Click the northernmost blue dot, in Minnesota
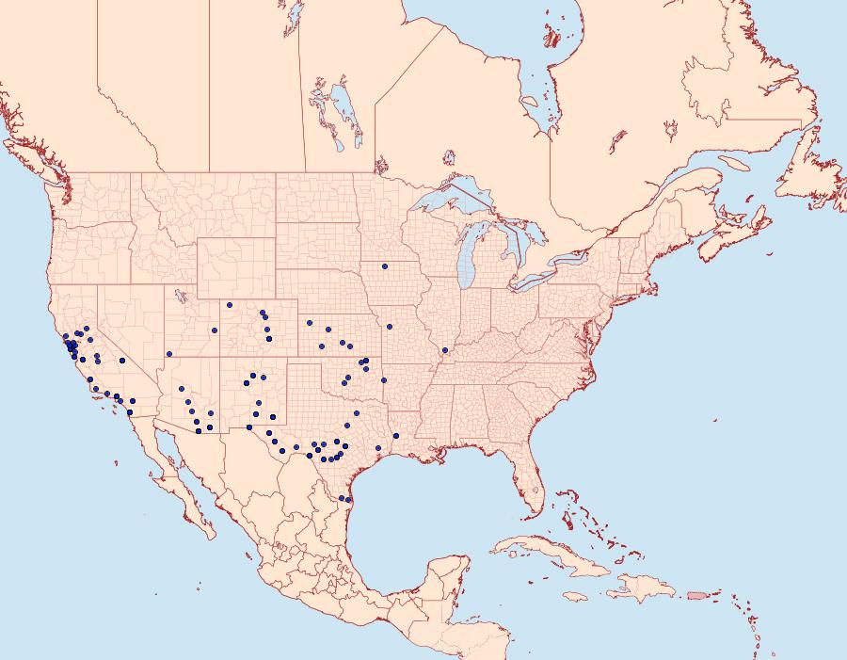(x=385, y=266)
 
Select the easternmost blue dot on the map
(x=445, y=350)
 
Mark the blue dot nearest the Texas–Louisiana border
(x=396, y=435)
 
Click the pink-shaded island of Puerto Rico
(x=696, y=595)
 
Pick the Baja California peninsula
(x=184, y=480)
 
